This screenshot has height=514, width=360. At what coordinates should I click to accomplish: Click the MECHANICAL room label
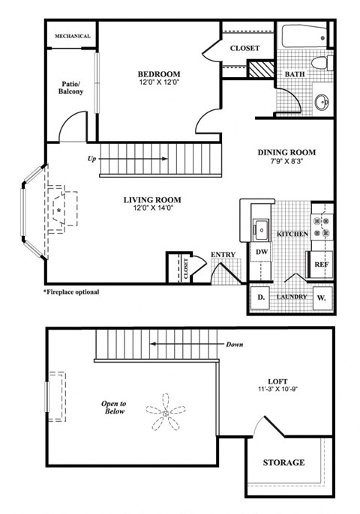[72, 36]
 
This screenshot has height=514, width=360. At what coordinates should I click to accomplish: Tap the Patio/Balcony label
[72, 86]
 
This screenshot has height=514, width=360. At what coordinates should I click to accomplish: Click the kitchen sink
[262, 228]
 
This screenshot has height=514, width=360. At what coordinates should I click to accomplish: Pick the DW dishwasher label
[262, 253]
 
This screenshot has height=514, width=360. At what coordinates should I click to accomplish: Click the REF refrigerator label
[321, 264]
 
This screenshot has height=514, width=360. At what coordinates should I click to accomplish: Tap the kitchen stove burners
[325, 228]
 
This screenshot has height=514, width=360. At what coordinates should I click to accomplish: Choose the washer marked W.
[322, 297]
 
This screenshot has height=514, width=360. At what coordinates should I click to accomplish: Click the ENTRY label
[223, 255]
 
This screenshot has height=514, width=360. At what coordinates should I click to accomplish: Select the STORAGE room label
[283, 462]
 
